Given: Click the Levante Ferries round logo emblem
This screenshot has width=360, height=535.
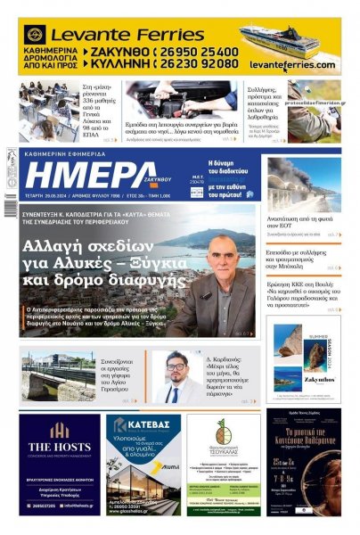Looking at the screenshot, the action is click(x=37, y=35).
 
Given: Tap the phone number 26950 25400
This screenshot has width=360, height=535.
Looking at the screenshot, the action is click(x=197, y=53).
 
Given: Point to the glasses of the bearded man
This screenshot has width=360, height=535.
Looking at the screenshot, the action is click(x=175, y=367).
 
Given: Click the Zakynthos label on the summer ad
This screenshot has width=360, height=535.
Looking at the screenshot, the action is click(x=315, y=378).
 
